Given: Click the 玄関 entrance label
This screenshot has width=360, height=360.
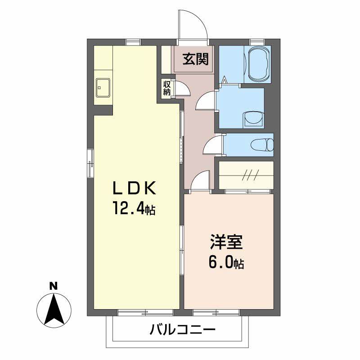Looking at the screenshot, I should [x=195, y=58].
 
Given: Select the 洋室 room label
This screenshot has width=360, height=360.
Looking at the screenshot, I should [x=226, y=242].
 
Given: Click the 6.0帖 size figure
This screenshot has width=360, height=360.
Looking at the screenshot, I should [x=226, y=262].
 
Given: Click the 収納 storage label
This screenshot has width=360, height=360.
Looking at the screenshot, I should [x=167, y=88].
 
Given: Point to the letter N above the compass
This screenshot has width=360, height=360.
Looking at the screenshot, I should [x=53, y=285].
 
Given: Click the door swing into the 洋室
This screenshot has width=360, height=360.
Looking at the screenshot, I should [x=201, y=181].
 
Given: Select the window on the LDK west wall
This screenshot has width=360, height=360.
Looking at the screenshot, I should [x=90, y=162].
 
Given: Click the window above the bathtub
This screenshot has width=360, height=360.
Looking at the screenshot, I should [x=257, y=42].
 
